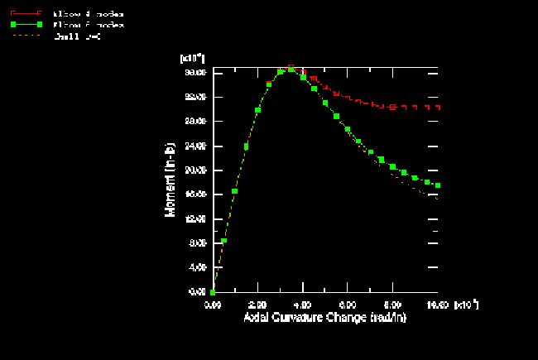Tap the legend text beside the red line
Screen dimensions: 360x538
[x=89, y=14]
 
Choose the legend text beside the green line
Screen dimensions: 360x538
[x=89, y=25]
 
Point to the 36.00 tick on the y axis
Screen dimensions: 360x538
[x=195, y=73]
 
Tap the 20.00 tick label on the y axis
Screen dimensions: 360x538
[x=195, y=170]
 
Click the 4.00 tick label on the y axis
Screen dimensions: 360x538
[x=197, y=268]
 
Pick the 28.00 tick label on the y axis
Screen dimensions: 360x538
[x=195, y=122]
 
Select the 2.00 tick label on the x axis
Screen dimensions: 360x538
[x=258, y=305]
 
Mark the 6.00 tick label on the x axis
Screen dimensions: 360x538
[x=348, y=305]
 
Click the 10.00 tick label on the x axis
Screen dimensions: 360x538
[x=439, y=305]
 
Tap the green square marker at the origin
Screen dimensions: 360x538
[x=213, y=292]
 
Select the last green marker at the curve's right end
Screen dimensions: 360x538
[x=438, y=185]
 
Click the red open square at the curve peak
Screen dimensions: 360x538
[x=291, y=68]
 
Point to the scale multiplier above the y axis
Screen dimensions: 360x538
[x=192, y=59]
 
